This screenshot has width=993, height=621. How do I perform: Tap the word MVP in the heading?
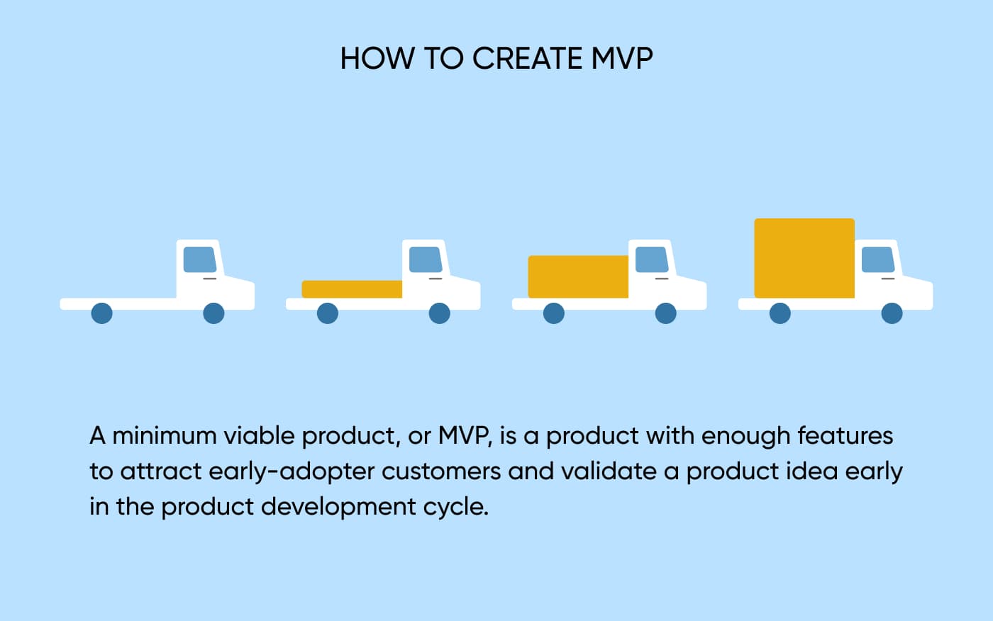pos(622,58)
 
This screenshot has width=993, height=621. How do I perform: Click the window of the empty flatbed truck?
pos(200,259)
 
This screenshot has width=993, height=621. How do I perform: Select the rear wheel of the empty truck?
pos(101,313)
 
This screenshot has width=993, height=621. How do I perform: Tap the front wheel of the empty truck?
pos(213,313)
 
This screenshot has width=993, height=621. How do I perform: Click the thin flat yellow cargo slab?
pos(352,289)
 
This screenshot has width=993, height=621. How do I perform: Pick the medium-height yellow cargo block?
pos(578,277)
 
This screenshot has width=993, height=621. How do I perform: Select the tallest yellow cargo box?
pos(804,258)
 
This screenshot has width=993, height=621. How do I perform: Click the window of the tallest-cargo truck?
pos(878,259)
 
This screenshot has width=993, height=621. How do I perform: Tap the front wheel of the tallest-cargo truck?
pos(892,313)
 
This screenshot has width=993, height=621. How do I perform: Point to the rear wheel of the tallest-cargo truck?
pos(780,313)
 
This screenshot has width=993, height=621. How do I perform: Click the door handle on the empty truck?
pos(210,279)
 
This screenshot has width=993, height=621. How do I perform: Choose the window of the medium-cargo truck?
pos(652,259)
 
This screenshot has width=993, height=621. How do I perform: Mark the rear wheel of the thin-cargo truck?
pos(328,313)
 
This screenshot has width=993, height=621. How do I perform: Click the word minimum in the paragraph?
pos(165,436)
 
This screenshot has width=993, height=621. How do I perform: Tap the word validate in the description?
pos(609,471)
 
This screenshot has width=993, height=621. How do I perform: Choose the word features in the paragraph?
pos(845,436)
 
